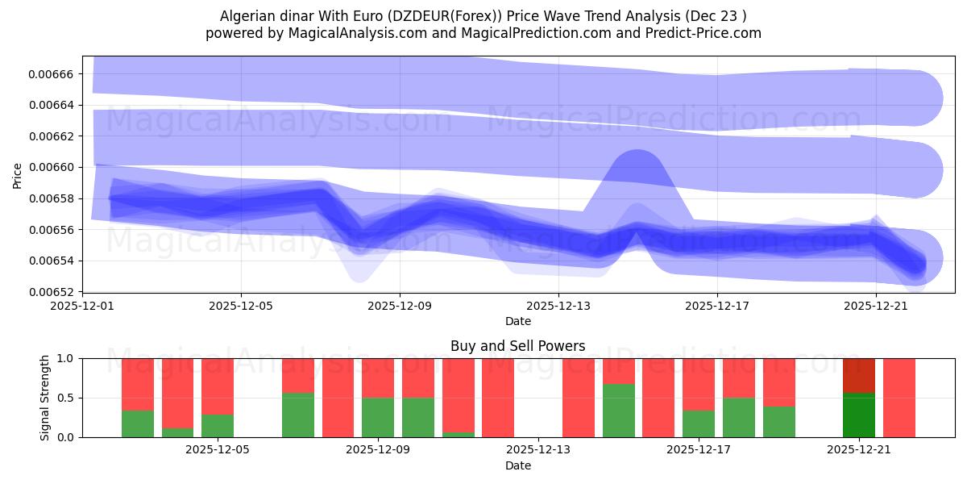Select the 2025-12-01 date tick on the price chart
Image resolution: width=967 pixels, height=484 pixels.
click(82, 307)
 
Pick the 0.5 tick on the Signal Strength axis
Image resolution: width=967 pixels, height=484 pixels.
click(67, 398)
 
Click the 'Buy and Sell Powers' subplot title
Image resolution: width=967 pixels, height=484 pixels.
click(517, 346)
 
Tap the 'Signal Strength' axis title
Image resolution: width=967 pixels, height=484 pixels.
click(46, 397)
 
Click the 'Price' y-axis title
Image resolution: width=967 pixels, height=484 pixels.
click(18, 174)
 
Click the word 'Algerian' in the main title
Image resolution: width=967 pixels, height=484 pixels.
click(247, 16)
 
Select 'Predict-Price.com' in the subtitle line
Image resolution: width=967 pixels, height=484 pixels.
click(707, 33)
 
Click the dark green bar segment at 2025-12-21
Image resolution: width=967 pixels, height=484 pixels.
click(859, 415)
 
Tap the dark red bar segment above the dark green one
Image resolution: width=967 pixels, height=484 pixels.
click(859, 375)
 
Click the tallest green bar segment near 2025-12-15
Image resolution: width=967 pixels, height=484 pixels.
click(618, 410)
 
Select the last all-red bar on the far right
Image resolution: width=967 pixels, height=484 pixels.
click(899, 397)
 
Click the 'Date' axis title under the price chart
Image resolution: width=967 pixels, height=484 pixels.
click(517, 321)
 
